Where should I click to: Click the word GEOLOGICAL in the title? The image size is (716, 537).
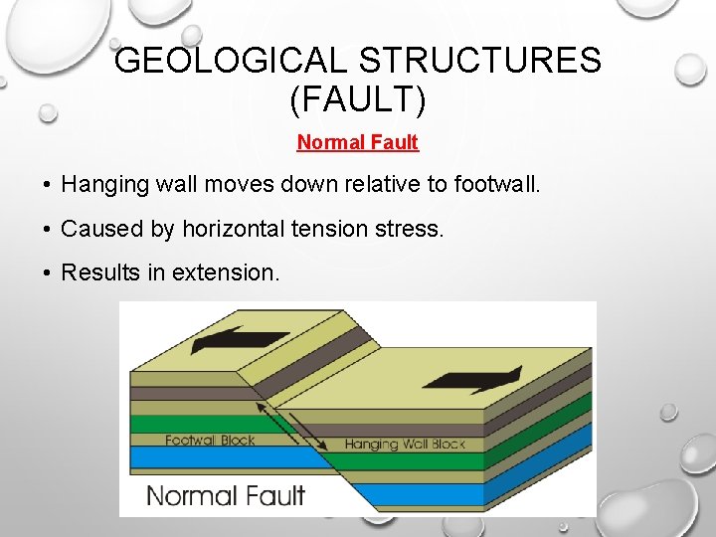(233, 62)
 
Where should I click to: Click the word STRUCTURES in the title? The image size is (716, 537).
(480, 62)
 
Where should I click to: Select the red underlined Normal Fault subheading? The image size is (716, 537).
(358, 142)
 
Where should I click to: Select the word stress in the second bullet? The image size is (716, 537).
(416, 228)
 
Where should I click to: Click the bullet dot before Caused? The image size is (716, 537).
(47, 229)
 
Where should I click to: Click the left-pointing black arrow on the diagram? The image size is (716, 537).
(239, 340)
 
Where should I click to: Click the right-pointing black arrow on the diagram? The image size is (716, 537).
(471, 379)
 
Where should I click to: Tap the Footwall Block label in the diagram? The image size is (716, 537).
(210, 441)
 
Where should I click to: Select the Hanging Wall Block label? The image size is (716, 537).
(405, 445)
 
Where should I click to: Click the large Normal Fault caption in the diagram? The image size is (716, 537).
(226, 494)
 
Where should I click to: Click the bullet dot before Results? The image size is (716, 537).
(47, 272)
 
